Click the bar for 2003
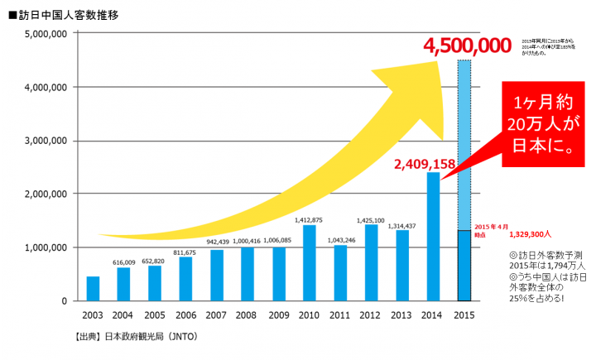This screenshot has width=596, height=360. tap(93, 289)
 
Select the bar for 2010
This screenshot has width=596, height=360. tap(308, 263)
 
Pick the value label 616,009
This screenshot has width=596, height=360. tap(123, 262)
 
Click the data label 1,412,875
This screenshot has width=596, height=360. tap(308, 219)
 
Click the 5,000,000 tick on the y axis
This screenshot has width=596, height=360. tap(41, 34)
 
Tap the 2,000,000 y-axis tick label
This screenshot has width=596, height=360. tap(41, 194)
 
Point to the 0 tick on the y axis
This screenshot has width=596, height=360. tap(64, 300)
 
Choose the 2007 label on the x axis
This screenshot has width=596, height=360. tap(215, 316)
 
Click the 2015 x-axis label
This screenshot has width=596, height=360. tap(465, 316)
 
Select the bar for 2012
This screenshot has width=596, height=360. tap(370, 262)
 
